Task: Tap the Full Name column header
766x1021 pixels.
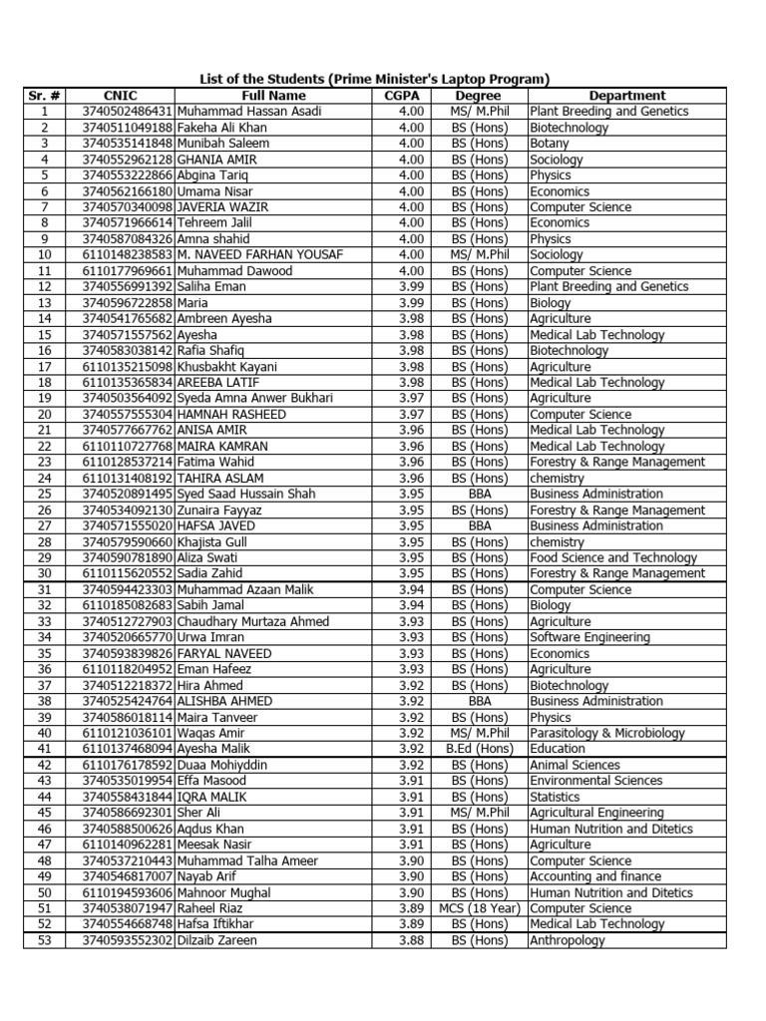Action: pos(273,96)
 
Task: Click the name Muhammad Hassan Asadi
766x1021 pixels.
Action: pos(249,112)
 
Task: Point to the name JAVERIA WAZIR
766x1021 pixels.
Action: pos(219,207)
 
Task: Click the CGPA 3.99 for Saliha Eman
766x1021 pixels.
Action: pos(411,287)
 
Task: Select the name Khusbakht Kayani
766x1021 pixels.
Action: pos(227,367)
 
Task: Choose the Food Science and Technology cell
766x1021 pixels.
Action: pos(613,557)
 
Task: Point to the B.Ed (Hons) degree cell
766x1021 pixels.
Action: pos(479,749)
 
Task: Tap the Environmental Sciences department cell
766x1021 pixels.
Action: pos(595,781)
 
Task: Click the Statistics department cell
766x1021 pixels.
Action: pos(555,797)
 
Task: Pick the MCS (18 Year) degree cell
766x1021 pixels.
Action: pos(480,908)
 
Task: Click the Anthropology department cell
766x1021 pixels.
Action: pos(568,940)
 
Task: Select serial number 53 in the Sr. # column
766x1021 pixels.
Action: pos(44,940)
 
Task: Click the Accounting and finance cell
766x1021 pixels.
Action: pos(595,876)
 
